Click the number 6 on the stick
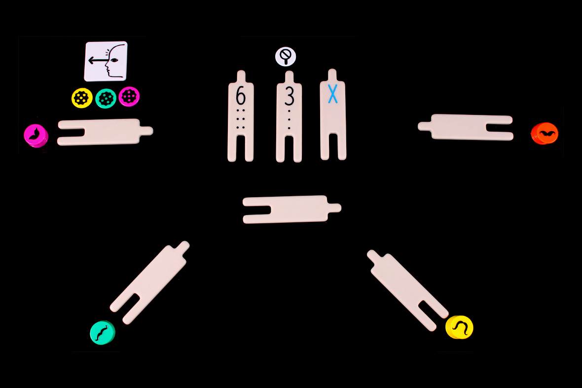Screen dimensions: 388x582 [240, 96]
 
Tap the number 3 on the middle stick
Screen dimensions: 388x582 [289, 96]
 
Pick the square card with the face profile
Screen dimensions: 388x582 [106, 61]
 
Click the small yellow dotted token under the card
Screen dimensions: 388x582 [82, 98]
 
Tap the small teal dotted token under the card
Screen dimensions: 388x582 [106, 98]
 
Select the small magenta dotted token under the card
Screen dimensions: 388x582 [129, 96]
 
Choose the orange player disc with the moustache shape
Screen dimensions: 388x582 [545, 133]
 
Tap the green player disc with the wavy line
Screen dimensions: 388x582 [103, 332]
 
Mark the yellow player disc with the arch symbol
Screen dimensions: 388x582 [459, 327]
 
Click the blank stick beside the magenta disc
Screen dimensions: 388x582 [104, 132]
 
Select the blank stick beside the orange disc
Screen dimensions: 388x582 [466, 127]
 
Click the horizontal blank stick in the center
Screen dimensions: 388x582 [291, 209]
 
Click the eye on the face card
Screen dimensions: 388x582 [115, 60]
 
